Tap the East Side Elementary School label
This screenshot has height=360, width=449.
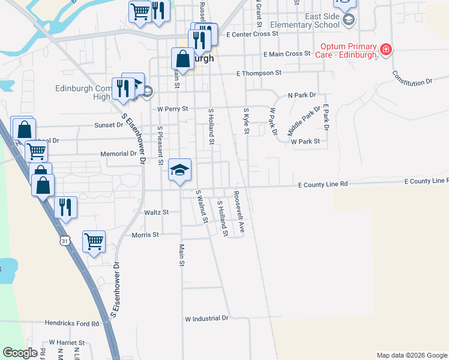point(305,21)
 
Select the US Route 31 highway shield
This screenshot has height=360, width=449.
point(65,241)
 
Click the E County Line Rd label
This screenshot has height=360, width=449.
point(323,185)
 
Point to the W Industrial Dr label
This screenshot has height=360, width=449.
point(207,318)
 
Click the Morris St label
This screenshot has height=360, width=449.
point(145,235)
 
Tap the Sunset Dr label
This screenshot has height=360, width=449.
point(108,125)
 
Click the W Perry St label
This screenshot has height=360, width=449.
point(173,109)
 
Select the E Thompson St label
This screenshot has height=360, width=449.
point(259,73)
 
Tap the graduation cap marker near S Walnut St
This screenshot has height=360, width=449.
point(179,170)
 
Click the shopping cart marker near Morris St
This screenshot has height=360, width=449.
point(94,241)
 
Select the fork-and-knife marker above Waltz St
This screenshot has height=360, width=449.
point(66,206)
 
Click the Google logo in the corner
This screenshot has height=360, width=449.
point(20,353)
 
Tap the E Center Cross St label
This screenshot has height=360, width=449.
point(253,34)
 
